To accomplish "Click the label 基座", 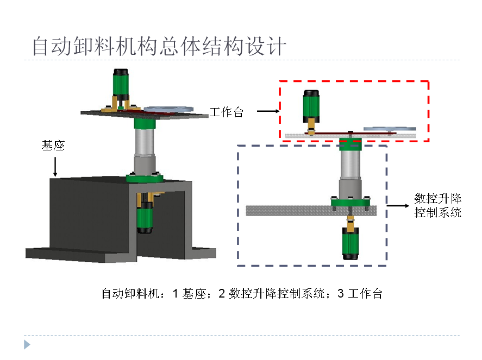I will tap(53, 146).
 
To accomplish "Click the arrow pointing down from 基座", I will tap(54, 167).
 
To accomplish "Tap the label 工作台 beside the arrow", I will tap(227, 112).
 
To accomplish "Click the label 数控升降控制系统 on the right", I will tap(437, 205).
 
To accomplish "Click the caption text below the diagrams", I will tap(242, 294).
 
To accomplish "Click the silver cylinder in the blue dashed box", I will tap(350, 168).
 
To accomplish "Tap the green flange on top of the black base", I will tap(145, 177).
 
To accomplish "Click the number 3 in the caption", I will tap(341, 294).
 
